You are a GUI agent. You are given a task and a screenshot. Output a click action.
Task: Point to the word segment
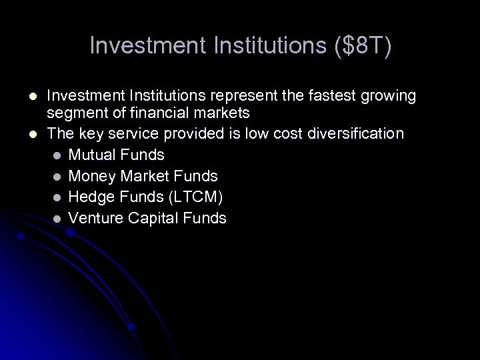tap(75, 114)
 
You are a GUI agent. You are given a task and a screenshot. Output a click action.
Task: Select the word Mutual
tap(91, 155)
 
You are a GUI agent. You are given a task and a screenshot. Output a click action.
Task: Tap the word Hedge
tap(89, 197)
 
